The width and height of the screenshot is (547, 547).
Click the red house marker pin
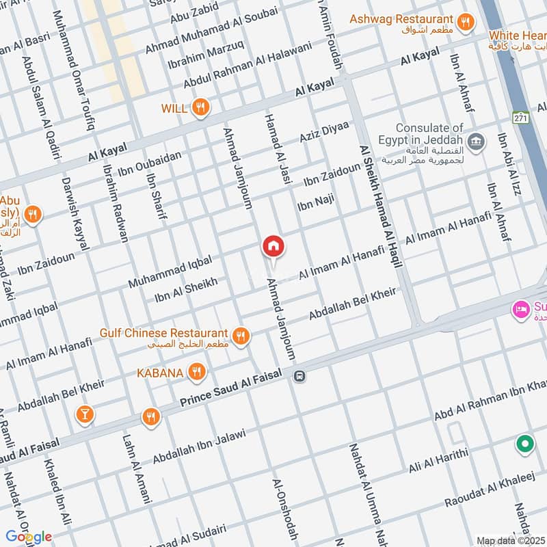pyautogui.click(x=273, y=246)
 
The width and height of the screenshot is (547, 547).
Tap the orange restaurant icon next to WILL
pyautogui.click(x=200, y=107)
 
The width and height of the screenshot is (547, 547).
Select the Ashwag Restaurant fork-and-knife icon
pyautogui.click(x=466, y=22)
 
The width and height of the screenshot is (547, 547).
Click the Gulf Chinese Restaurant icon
pyautogui.click(x=240, y=336)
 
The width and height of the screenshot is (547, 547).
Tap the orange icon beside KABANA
pyautogui.click(x=197, y=372)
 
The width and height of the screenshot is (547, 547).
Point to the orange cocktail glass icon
pyautogui.click(x=85, y=414)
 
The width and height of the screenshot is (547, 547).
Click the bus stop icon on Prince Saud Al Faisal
pyautogui.click(x=299, y=375)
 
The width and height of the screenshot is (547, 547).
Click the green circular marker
pyautogui.click(x=525, y=445)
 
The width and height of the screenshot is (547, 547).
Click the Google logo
pyautogui.click(x=29, y=537)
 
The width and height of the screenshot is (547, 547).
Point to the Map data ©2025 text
pyautogui.click(x=510, y=540)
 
